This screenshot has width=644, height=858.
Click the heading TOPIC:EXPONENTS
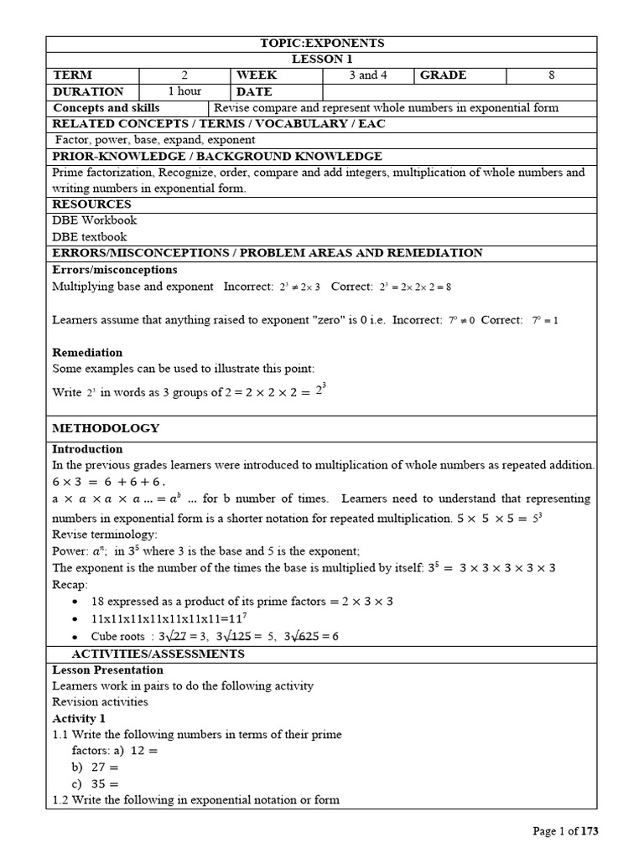click(322, 44)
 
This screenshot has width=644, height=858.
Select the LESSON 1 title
click(322, 59)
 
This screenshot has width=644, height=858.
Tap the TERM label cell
click(73, 75)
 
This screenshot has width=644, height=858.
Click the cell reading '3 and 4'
click(368, 75)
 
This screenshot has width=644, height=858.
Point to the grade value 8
click(552, 75)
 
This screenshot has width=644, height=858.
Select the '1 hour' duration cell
click(184, 91)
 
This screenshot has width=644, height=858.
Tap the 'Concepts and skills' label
click(106, 108)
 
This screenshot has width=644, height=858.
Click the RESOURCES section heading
click(92, 204)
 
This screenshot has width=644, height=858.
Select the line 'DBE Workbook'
click(95, 220)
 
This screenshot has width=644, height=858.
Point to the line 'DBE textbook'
click(91, 236)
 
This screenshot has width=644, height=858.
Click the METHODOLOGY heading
click(106, 428)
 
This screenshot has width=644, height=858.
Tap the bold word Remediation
click(87, 353)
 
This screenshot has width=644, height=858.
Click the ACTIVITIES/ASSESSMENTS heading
click(158, 654)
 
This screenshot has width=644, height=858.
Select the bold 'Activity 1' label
click(79, 719)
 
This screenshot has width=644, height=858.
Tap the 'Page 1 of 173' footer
click(567, 831)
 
